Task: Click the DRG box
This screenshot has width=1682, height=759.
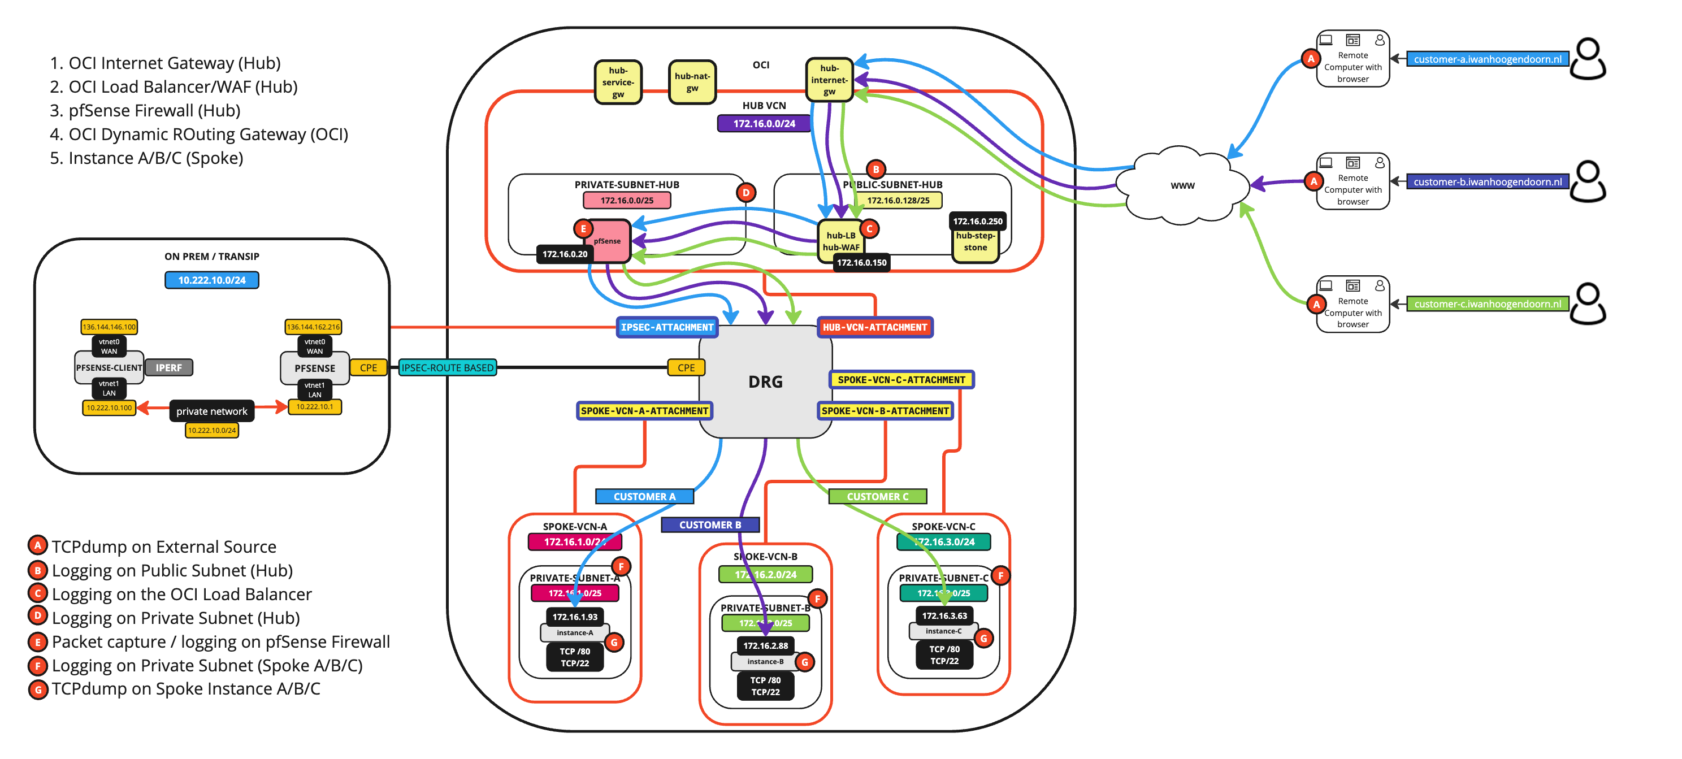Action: pyautogui.click(x=765, y=382)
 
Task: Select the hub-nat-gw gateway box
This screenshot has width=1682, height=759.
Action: pyautogui.click(x=692, y=81)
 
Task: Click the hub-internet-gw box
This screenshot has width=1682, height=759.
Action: pyautogui.click(x=829, y=80)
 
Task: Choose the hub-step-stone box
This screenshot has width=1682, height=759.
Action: pyautogui.click(x=975, y=242)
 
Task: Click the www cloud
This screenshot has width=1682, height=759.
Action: pyautogui.click(x=1182, y=185)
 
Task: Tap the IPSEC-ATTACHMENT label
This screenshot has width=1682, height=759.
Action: pyautogui.click(x=667, y=327)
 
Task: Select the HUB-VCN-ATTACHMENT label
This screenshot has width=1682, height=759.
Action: pyautogui.click(x=874, y=327)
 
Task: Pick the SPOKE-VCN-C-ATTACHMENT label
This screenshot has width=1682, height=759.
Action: pyautogui.click(x=901, y=380)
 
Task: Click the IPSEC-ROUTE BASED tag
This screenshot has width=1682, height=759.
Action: pyautogui.click(x=447, y=368)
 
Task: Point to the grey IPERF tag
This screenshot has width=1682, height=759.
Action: pyautogui.click(x=168, y=368)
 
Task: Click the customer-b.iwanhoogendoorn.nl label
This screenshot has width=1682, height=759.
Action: pyautogui.click(x=1487, y=181)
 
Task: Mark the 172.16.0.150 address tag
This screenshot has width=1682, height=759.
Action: pyautogui.click(x=861, y=263)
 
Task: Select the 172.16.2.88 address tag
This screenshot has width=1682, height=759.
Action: pyautogui.click(x=765, y=645)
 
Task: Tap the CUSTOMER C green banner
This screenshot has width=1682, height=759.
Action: pyautogui.click(x=877, y=496)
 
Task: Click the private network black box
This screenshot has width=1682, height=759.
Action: pyautogui.click(x=211, y=411)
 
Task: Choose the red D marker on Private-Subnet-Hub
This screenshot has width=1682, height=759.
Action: pyautogui.click(x=745, y=193)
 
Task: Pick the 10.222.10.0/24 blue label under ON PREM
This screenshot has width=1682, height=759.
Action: pyautogui.click(x=211, y=280)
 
